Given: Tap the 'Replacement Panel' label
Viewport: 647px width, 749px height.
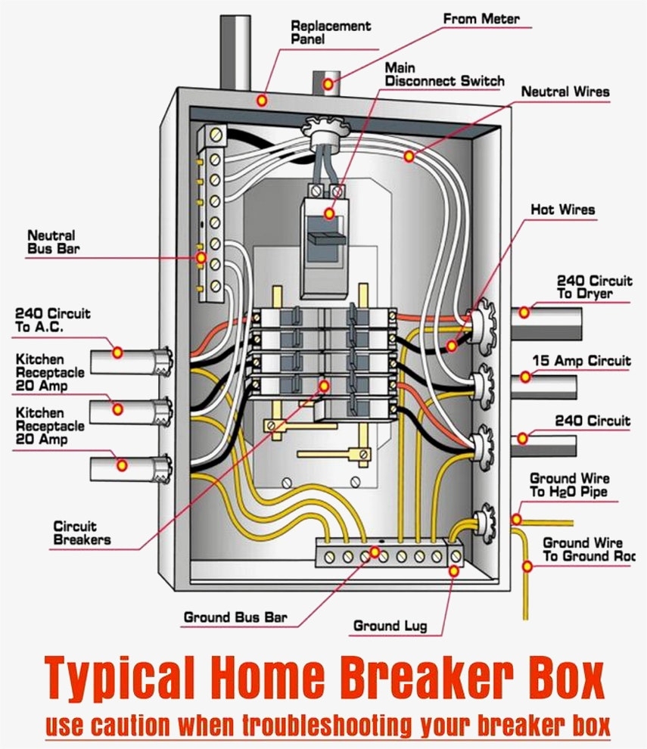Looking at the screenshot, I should pos(331,32).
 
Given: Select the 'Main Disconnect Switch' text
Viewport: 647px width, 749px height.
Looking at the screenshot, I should pos(443,74).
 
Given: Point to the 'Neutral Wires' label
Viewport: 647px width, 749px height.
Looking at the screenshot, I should pos(565,92).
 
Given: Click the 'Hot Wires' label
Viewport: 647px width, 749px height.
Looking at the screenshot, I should pos(562,209).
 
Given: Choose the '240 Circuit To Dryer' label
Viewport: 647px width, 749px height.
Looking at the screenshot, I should pos(594,287).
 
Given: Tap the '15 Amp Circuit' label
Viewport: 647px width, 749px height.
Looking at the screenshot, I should pos(581,361).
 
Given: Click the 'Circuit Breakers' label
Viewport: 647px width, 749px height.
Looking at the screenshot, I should pos(82,533).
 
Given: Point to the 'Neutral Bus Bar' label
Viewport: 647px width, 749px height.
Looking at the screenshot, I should pos(51,241).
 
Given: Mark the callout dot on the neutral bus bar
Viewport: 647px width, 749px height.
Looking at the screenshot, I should pos(201,258).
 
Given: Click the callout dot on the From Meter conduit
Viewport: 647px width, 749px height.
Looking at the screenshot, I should pos(328,84).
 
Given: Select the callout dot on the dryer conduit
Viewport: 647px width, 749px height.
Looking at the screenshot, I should pos(524,311).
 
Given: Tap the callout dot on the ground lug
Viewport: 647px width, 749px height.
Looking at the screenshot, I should pos(453,571).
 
